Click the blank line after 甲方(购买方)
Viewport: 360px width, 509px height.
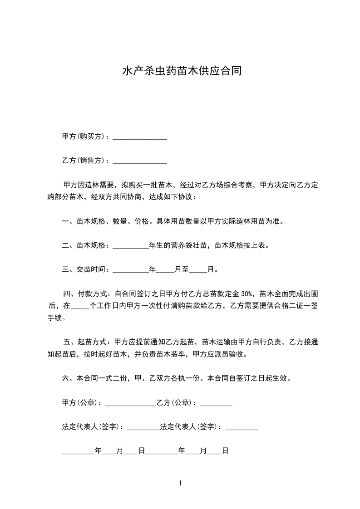pyautogui.click(x=139, y=137)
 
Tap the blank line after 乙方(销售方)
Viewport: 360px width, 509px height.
pyautogui.click(x=139, y=161)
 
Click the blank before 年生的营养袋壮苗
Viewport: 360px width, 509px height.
pyautogui.click(x=130, y=246)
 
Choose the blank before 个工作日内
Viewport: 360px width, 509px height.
pyautogui.click(x=81, y=306)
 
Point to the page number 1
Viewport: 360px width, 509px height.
pyautogui.click(x=180, y=484)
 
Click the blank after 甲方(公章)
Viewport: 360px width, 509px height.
pyautogui.click(x=130, y=403)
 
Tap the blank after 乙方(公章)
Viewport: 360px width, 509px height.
pyautogui.click(x=216, y=403)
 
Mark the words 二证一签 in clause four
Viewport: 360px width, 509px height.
pyautogui.click(x=302, y=306)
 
